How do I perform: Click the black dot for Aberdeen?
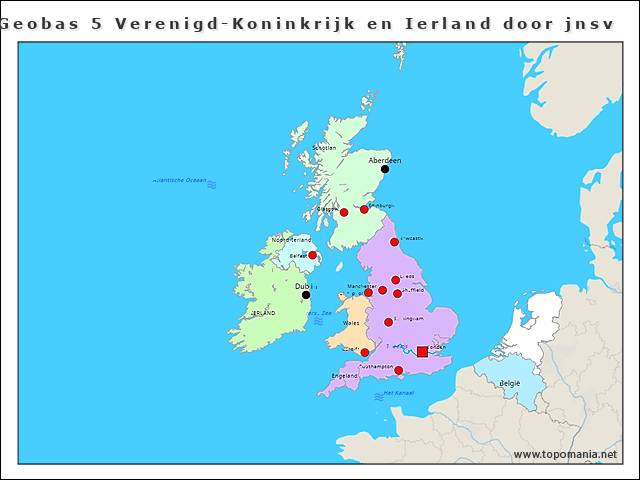[x=385, y=169]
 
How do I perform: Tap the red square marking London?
[x=422, y=352]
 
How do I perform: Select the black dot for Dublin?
[x=306, y=295]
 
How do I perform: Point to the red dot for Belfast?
[x=313, y=255]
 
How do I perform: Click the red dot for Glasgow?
[x=344, y=212]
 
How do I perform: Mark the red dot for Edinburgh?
[x=364, y=209]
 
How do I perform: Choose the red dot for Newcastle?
[x=394, y=242]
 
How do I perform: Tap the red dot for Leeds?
[x=395, y=280]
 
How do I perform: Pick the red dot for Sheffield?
[x=397, y=294]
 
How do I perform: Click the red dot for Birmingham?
[x=388, y=322]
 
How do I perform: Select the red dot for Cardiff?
[x=364, y=352]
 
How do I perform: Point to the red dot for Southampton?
[x=399, y=371]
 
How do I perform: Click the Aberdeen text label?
[x=385, y=160]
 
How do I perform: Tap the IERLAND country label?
[x=264, y=313]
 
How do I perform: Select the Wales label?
[x=351, y=323]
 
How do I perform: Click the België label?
[x=510, y=383]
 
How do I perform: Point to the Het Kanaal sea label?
[x=399, y=393]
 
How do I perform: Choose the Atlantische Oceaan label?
[x=180, y=181]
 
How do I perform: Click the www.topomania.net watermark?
[x=565, y=455]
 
